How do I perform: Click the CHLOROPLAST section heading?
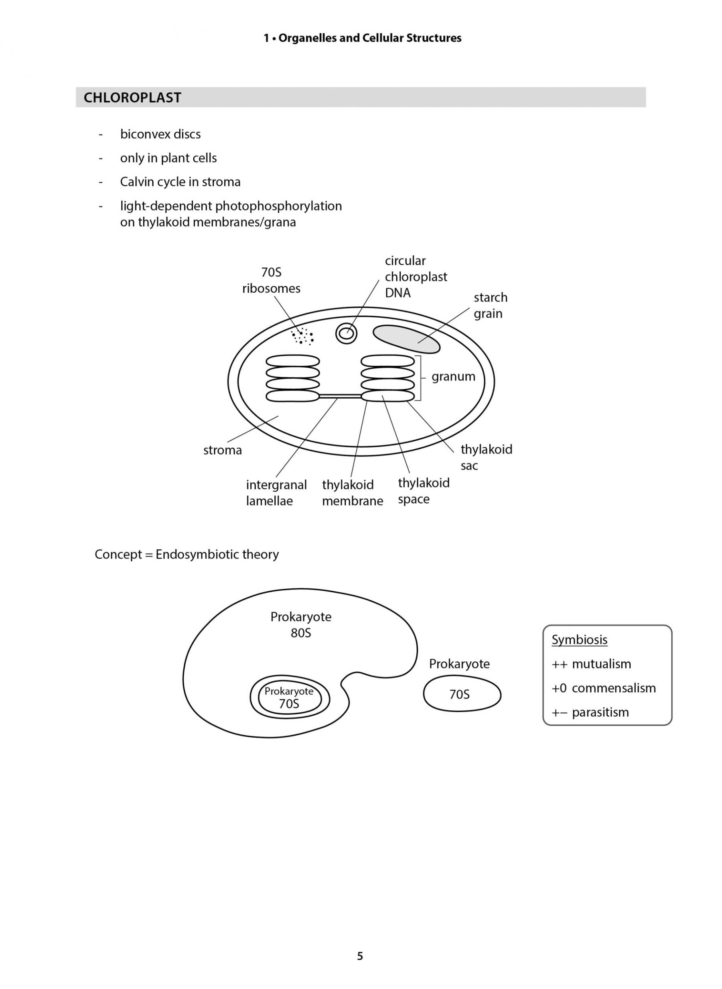coord(132,97)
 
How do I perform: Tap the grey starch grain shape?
coord(406,339)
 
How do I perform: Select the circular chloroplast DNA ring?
coord(346,333)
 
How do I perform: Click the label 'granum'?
coord(453,377)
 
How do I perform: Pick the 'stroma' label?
coord(223,450)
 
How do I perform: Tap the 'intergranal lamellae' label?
coord(276,493)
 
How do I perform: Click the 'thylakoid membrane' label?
coord(352,493)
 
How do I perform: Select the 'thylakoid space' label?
coord(424,491)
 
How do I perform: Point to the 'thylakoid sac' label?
coord(486,457)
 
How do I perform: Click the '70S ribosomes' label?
coord(272,280)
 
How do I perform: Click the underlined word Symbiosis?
coord(579,640)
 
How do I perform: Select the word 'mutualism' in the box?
coord(601,664)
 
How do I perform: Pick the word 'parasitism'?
coord(600,712)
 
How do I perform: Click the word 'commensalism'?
coord(614,688)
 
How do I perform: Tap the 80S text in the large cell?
coord(301,633)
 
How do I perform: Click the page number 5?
coord(360,956)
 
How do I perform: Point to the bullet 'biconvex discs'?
coord(160,134)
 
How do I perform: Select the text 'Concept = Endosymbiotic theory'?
coord(187,554)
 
